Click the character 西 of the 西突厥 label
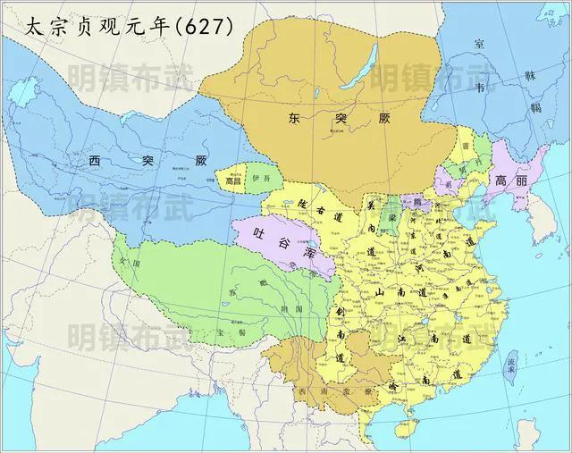pyautogui.click(x=95, y=162)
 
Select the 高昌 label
pyautogui.click(x=233, y=179)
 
